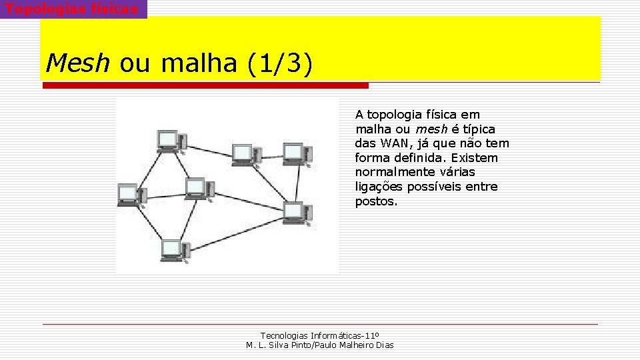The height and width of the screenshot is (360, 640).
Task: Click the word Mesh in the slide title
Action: (x=77, y=63)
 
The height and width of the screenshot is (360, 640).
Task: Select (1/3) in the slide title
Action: (x=279, y=64)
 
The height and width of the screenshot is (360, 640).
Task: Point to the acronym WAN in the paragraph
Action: (x=395, y=143)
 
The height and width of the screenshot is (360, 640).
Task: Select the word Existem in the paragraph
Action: (x=475, y=158)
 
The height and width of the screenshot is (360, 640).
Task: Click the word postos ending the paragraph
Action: (x=375, y=201)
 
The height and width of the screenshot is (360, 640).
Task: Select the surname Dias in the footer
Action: (x=385, y=345)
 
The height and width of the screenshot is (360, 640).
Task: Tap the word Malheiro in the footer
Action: (x=357, y=345)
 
